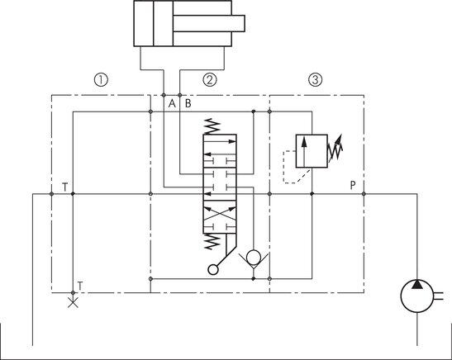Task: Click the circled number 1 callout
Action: point(101,80)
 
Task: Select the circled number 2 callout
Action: point(210,80)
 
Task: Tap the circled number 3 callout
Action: point(316,80)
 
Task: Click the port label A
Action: point(172,103)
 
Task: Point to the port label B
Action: point(188,103)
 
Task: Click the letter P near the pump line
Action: point(353,186)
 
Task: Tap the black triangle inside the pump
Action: point(416,285)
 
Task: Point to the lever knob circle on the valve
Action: point(212,270)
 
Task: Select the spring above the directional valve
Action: point(212,126)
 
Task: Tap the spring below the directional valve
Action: point(212,241)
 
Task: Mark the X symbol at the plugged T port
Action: point(73,302)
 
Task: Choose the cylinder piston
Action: point(163,23)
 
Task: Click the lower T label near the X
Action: point(80,286)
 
